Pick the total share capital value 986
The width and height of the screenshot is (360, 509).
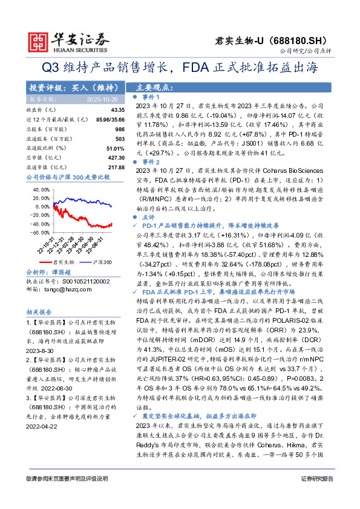click(x=120, y=129)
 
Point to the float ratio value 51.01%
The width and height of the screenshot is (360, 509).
click(x=116, y=148)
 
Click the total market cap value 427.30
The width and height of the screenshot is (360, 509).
click(x=116, y=157)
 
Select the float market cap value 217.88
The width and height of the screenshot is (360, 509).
click(x=116, y=167)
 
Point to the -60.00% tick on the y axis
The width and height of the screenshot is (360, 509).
click(x=40, y=232)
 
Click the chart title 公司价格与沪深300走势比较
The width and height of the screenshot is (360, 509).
click(x=68, y=178)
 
